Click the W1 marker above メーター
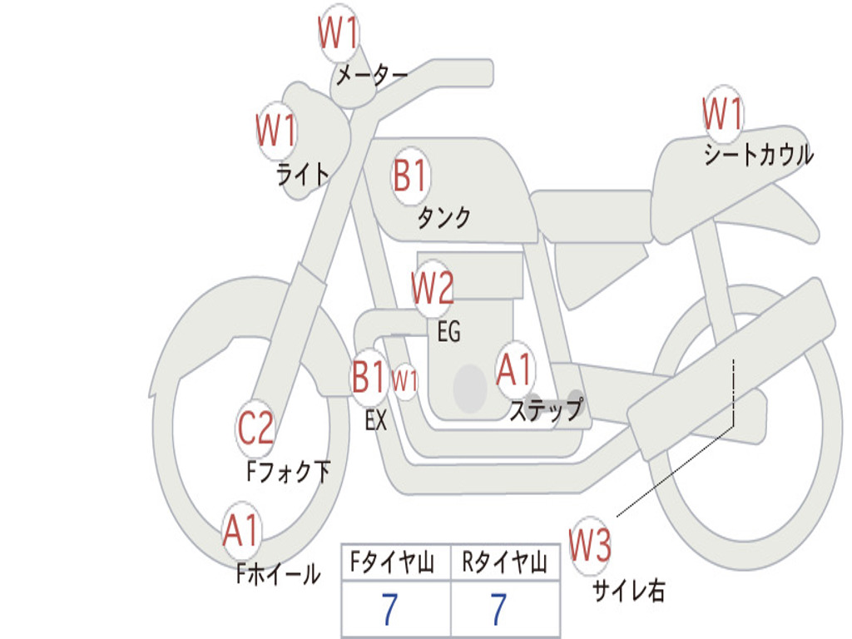click(x=339, y=35)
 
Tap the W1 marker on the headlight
click(x=276, y=131)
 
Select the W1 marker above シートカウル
click(x=722, y=114)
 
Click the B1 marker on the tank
click(x=410, y=176)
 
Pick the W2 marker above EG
click(x=433, y=289)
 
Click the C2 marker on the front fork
click(x=256, y=429)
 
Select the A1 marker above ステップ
click(x=515, y=369)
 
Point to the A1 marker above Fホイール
click(x=241, y=530)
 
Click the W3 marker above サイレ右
click(x=590, y=546)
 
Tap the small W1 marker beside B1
click(x=405, y=381)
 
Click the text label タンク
click(x=443, y=218)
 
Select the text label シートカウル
click(x=758, y=156)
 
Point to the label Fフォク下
click(x=288, y=473)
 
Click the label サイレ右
click(x=628, y=591)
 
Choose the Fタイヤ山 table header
click(x=394, y=564)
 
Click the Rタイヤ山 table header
click(x=505, y=564)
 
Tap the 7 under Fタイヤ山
click(x=389, y=610)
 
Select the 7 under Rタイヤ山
click(x=498, y=610)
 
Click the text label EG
click(x=448, y=332)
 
